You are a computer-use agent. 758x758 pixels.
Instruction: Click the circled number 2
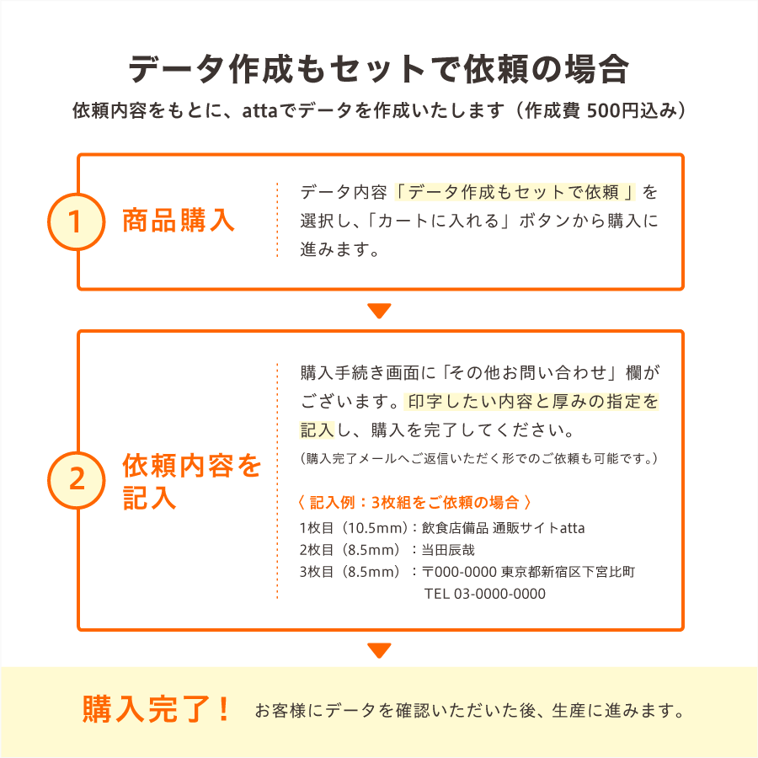pos(76,480)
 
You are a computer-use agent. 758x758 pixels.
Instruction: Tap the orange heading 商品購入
pos(179,221)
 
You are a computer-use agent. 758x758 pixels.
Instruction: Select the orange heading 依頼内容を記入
pos(192,481)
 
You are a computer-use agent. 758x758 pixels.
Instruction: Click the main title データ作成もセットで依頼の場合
pos(378,69)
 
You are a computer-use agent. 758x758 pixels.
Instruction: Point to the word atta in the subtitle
pos(259,110)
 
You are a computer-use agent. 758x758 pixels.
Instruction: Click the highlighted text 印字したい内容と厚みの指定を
pos(533,401)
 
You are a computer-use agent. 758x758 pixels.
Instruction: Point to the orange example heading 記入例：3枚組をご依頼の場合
pos(414,502)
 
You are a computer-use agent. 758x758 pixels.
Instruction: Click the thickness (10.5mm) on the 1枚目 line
pos(375,528)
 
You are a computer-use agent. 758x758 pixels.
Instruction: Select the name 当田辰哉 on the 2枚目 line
pos(448,550)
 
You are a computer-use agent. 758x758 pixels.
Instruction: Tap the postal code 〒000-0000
pos(459,572)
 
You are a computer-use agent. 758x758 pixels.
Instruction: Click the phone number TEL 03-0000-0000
pos(485,594)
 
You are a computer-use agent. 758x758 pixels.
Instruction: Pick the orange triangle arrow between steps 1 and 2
pos(379,310)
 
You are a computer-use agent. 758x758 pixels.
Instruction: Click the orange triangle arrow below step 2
pos(379,650)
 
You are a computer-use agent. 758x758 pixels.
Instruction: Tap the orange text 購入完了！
pos(156,709)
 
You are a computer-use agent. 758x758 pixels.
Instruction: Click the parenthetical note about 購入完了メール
pos(478,458)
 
